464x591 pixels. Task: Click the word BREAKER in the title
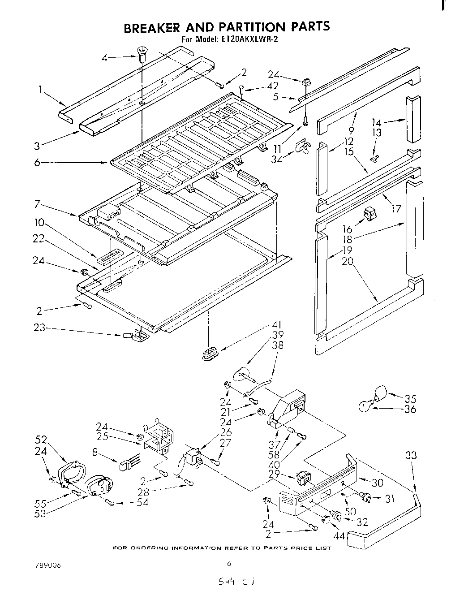[151, 27]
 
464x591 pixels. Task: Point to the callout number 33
[411, 456]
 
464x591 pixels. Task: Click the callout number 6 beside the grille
[38, 163]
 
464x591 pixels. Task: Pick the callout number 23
[40, 328]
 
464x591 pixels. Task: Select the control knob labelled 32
[335, 518]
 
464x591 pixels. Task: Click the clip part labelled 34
[303, 147]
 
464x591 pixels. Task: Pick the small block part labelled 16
[370, 214]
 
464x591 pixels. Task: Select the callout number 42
[272, 86]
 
